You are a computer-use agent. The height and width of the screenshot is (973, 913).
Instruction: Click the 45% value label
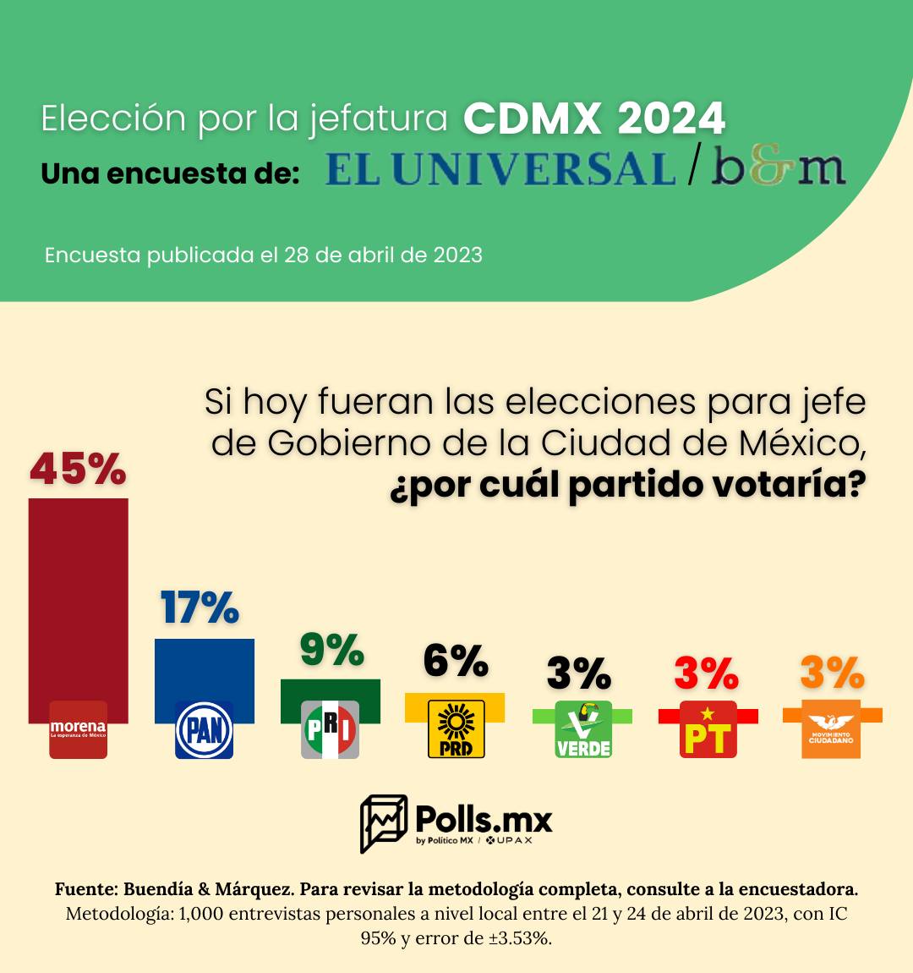click(x=78, y=469)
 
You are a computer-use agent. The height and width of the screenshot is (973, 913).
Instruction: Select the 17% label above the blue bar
click(x=200, y=607)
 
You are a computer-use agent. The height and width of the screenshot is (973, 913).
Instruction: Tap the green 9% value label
click(x=331, y=650)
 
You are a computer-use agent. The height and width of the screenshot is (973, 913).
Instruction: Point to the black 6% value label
click(x=456, y=661)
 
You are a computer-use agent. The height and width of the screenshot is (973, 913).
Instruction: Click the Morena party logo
click(x=78, y=729)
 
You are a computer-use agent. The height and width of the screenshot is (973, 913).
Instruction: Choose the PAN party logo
click(x=204, y=729)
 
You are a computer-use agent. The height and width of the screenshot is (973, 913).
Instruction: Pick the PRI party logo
click(x=331, y=729)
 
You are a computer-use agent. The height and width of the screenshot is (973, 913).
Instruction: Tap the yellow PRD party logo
click(x=456, y=728)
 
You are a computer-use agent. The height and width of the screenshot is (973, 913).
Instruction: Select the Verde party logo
click(x=582, y=729)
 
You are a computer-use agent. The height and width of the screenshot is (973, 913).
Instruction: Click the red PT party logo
click(x=708, y=729)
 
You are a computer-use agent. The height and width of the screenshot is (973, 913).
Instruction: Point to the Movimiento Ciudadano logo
click(x=832, y=729)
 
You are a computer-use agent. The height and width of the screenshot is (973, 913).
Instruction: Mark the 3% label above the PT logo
click(x=706, y=673)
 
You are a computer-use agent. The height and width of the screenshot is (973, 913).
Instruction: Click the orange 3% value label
click(x=832, y=673)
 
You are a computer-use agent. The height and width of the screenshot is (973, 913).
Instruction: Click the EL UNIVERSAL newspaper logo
click(x=500, y=169)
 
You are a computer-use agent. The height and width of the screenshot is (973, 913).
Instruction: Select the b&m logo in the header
click(x=778, y=168)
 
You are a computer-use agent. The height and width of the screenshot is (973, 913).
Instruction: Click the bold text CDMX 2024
click(x=594, y=119)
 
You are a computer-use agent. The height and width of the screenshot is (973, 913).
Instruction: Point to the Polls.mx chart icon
click(x=384, y=822)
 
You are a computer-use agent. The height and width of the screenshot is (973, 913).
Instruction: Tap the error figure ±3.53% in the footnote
click(x=520, y=937)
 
